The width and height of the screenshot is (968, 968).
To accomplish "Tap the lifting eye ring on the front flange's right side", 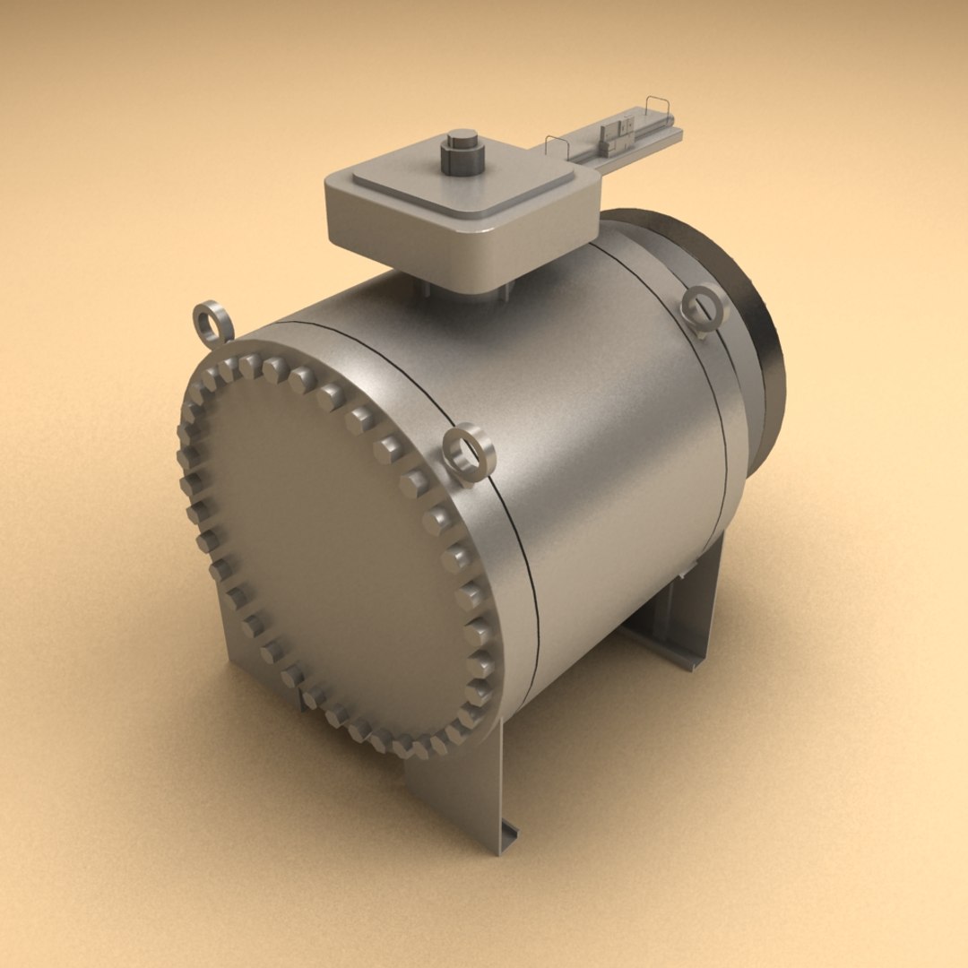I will [x=471, y=452].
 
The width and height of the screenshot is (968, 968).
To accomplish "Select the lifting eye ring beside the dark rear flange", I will [x=703, y=308].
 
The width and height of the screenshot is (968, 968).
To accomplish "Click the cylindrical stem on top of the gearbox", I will [x=462, y=152].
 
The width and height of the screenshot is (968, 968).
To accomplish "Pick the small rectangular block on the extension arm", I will [x=618, y=134].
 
